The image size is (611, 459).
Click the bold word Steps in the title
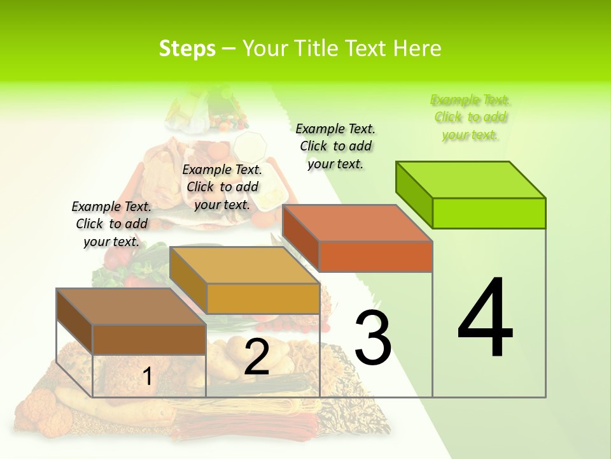pos(187,48)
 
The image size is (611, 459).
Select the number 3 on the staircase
pos(373,337)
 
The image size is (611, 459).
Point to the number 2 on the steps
pos(256,357)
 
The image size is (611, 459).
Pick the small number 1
pos(147,377)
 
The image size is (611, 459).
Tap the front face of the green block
pos(489,213)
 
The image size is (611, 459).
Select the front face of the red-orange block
pos(376,256)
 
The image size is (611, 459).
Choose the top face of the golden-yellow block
pos(244,265)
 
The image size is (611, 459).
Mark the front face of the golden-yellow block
pos(262,298)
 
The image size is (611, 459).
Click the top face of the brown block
pos(131,307)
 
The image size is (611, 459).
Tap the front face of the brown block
pos(149,339)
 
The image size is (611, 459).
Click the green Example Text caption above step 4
pos(470,117)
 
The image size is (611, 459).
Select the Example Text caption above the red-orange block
pos(335,146)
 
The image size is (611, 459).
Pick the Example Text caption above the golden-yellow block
pos(222,187)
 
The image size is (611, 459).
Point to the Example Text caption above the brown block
pos(111,224)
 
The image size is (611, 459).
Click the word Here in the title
pos(418,48)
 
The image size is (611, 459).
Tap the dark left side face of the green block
pos(414,194)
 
